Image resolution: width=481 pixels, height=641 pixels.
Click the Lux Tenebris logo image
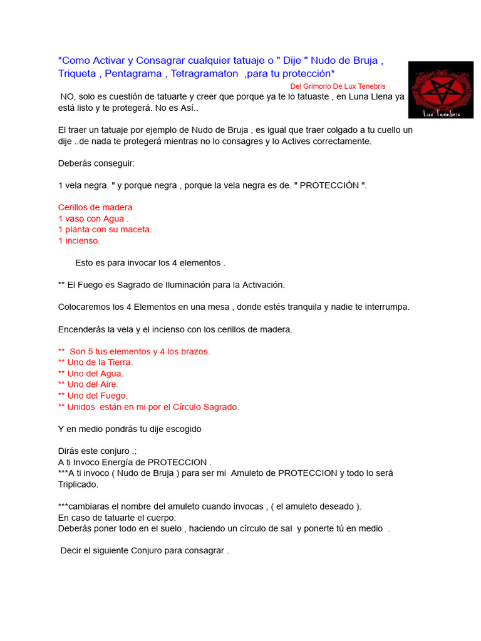tap(440, 90)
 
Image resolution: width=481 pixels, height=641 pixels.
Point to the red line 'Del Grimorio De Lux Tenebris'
tap(338, 86)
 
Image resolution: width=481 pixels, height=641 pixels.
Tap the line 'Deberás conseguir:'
tap(96, 163)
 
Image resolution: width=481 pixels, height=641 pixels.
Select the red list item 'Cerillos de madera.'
tap(96, 207)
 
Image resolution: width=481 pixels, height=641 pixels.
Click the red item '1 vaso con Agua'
tap(93, 218)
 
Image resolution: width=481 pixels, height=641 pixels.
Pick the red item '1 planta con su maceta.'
tap(105, 229)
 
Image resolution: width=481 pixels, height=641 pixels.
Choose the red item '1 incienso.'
tap(79, 240)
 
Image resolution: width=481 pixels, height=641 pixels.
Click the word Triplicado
tap(78, 484)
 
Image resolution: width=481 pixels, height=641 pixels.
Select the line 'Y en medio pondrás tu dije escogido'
tap(130, 429)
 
